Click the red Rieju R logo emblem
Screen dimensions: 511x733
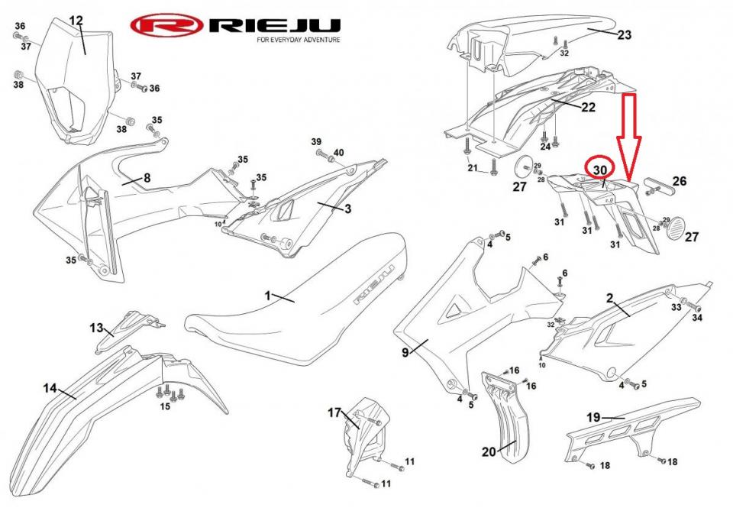coord(166,27)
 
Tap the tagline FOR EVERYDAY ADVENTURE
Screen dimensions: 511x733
coord(299,40)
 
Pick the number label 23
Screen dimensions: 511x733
coord(624,34)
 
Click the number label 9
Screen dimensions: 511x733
coord(405,352)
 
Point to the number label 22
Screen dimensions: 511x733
coord(587,107)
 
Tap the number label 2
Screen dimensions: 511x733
coord(610,296)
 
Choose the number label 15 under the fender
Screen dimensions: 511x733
coord(165,406)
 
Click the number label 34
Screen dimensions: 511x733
coord(696,317)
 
